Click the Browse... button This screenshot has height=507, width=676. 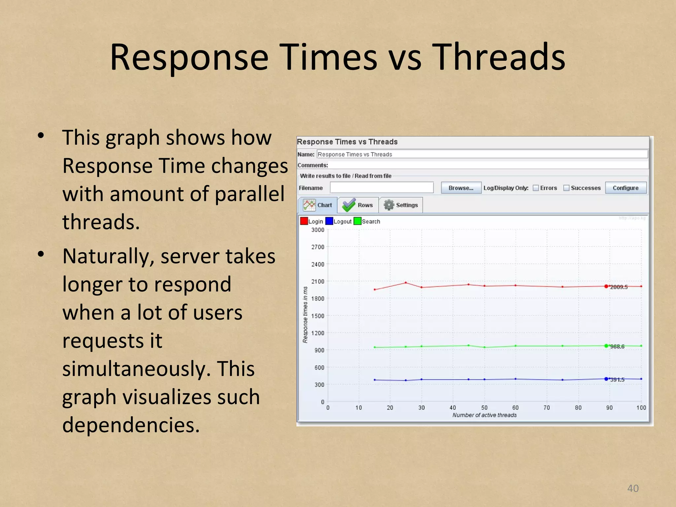tap(461, 188)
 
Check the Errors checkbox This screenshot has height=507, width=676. tap(536, 188)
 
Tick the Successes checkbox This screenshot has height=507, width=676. tap(566, 188)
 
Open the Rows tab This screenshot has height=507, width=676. tap(358, 205)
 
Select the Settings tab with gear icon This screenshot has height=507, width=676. tap(401, 205)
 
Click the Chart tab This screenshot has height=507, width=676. tap(318, 205)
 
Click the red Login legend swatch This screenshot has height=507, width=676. tap(304, 221)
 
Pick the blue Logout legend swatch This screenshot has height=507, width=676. tap(329, 221)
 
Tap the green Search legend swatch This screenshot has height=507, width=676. tap(357, 221)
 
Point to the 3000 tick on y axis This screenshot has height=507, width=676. tap(318, 230)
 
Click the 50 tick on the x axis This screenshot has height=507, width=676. tap(484, 408)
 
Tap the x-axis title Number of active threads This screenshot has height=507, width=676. tap(484, 415)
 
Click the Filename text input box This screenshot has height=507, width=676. tap(382, 187)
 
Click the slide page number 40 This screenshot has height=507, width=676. tap(633, 488)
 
